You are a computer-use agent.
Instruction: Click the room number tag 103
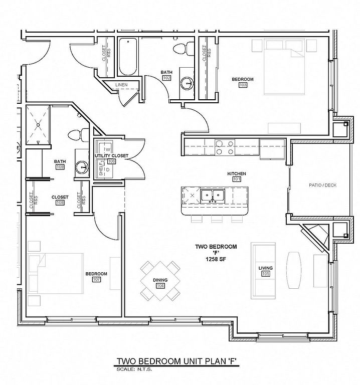coord(243,86)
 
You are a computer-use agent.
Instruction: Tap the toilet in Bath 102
coord(181,49)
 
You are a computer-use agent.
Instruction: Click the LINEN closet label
coord(121,85)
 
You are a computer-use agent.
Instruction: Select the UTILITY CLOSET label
coord(111,156)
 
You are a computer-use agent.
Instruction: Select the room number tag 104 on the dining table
coord(160,286)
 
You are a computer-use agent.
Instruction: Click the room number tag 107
coord(96,279)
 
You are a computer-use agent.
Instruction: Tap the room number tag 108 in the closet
coord(60,203)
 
